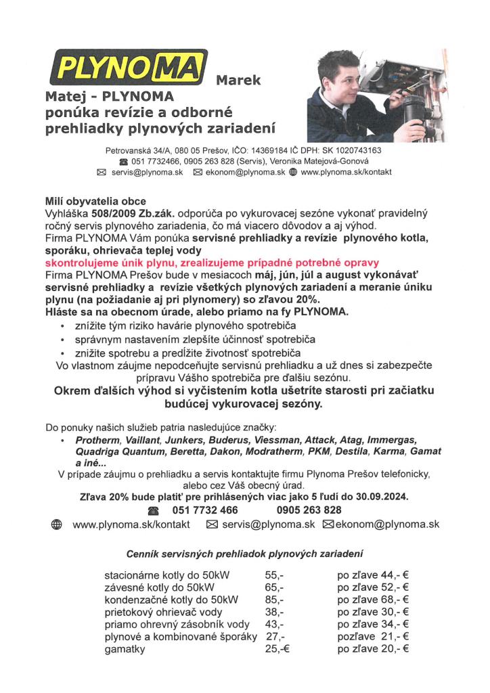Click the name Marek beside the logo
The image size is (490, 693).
pyautogui.click(x=238, y=81)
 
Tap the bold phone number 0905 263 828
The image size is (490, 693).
pyautogui.click(x=309, y=510)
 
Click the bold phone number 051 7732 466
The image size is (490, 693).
pyautogui.click(x=202, y=510)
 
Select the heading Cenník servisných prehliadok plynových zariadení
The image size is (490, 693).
pyautogui.click(x=245, y=554)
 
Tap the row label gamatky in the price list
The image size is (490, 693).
pyautogui.click(x=125, y=648)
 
